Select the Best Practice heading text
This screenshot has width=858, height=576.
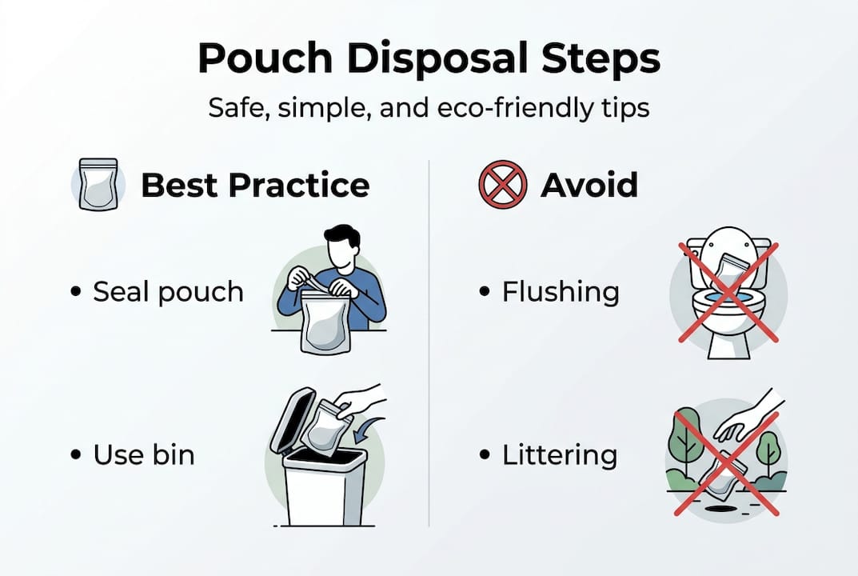tap(255, 186)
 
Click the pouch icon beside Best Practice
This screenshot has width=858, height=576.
tap(98, 184)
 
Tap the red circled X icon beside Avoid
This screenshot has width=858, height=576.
tap(502, 185)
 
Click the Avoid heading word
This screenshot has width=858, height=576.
tap(589, 186)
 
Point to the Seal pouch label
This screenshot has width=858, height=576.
tap(168, 292)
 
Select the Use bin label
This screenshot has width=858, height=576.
tap(144, 455)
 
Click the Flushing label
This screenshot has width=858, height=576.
tap(561, 292)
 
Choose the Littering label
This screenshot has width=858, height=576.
tap(560, 455)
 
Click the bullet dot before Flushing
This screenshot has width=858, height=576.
tap(484, 293)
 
